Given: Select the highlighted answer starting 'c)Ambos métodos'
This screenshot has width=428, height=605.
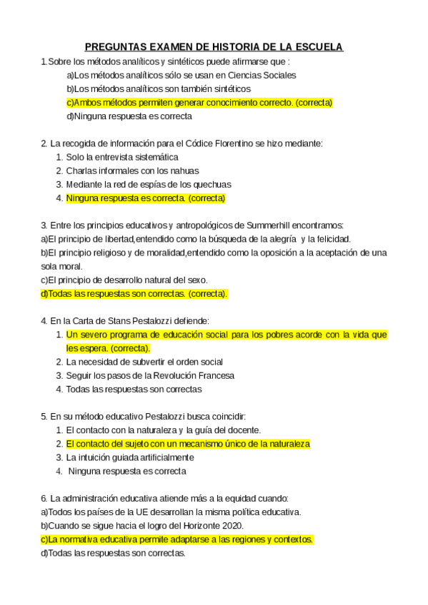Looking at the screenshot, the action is coord(199,102).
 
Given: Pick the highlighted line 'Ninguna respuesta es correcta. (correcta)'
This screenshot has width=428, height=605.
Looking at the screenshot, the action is coord(146,198).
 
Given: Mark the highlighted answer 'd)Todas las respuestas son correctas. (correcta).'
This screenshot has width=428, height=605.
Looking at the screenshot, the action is coord(134,293).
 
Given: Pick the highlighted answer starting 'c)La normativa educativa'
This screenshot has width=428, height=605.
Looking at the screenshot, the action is coord(177,539).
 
